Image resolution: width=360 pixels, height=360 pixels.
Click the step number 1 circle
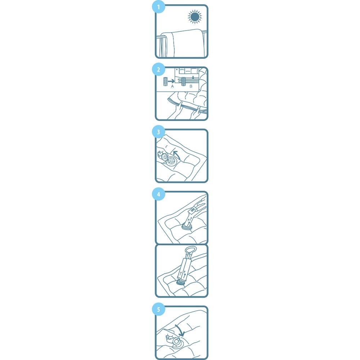click(x=158, y=7)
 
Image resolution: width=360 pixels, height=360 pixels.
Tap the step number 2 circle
click(x=158, y=69)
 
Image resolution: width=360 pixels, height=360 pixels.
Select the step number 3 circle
click(x=158, y=132)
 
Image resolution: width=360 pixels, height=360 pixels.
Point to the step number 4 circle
click(x=158, y=194)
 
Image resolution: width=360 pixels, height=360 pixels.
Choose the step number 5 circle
click(x=158, y=309)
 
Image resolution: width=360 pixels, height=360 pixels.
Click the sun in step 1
click(x=195, y=17)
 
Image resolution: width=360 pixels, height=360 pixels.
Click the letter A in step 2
click(x=172, y=86)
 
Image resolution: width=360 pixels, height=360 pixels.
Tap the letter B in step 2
click(x=191, y=86)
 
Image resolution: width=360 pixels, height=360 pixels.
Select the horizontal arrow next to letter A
click(x=171, y=81)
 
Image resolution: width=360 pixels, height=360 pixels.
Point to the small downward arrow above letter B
click(x=193, y=77)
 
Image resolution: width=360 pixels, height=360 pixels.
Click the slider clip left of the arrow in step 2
click(x=165, y=82)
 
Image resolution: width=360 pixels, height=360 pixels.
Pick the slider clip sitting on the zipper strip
click(x=184, y=82)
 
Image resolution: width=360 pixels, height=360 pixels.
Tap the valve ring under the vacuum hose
click(x=186, y=228)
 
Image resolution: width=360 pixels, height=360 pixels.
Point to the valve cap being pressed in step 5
click(x=176, y=341)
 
